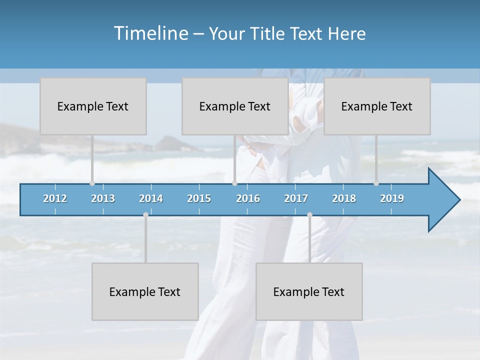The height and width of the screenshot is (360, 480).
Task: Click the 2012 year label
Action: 55,198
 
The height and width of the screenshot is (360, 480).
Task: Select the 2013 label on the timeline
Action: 103,198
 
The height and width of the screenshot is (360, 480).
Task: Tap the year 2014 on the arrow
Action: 151,198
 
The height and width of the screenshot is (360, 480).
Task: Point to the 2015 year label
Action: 199,198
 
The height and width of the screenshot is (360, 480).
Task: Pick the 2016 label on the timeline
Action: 248,198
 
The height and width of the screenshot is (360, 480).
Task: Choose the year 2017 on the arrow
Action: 296,198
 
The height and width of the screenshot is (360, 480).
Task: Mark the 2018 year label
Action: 344,198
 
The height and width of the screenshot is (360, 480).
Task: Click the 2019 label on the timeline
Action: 392,198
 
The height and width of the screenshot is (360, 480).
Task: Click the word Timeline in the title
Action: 150,33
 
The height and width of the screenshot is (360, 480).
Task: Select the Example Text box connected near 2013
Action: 93,106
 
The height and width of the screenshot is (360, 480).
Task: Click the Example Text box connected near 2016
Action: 235,106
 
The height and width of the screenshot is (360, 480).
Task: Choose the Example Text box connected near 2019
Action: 377,106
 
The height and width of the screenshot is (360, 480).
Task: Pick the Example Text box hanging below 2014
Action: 145,291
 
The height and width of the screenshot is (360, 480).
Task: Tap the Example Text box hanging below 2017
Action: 309,291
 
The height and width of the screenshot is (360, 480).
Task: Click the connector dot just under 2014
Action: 145,214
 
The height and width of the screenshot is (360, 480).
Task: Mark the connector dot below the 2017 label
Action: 309,214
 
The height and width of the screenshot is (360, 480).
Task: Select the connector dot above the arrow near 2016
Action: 234,183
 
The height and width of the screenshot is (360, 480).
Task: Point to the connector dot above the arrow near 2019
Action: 376,183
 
